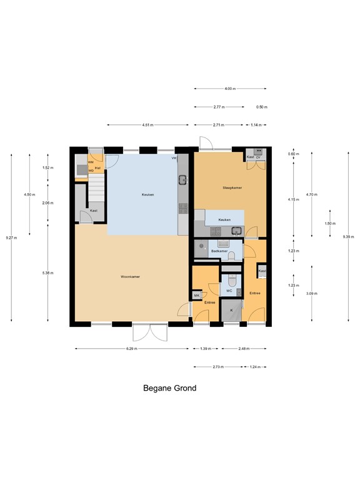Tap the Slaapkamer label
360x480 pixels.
click(232, 187)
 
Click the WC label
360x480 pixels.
click(229, 291)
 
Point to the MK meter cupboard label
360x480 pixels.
click(196, 295)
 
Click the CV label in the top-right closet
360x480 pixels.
click(257, 157)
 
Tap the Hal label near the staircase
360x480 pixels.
click(97, 168)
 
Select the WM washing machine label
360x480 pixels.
click(91, 162)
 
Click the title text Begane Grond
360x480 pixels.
click(169, 388)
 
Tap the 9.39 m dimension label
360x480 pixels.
click(347, 237)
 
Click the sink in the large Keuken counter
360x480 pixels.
click(182, 181)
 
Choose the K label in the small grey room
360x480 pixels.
click(231, 311)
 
